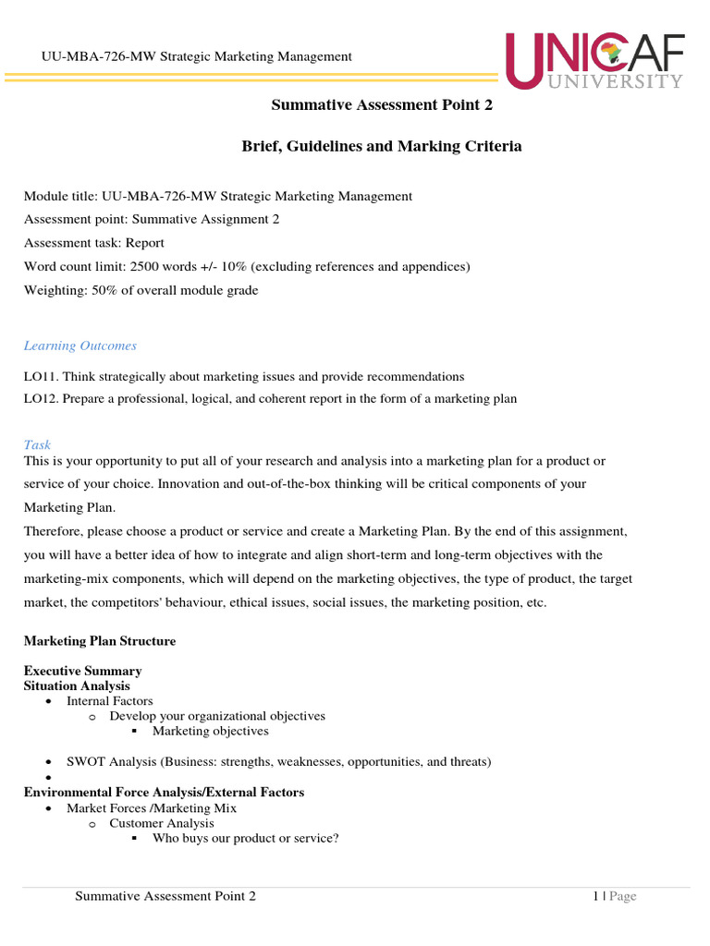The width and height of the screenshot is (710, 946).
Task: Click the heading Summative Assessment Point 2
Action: (x=382, y=105)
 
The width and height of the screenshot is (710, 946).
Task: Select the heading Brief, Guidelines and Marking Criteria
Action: (x=382, y=146)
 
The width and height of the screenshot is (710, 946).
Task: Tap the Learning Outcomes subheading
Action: (x=80, y=346)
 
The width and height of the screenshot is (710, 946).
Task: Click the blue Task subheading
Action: (x=37, y=444)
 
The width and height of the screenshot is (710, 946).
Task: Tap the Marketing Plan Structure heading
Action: (x=100, y=640)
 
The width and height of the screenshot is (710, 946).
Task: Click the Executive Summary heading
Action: (x=82, y=671)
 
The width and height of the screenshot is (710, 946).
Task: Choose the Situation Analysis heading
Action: (x=77, y=685)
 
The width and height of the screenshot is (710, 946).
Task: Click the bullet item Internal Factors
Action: (x=109, y=701)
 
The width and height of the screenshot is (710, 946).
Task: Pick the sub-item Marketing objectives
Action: (x=210, y=731)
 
